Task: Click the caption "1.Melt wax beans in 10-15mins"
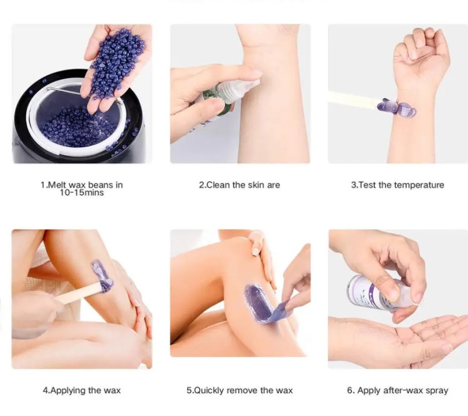(x=82, y=188)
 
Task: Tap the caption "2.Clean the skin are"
(x=239, y=185)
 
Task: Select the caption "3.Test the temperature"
(x=398, y=185)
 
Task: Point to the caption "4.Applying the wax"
(x=82, y=390)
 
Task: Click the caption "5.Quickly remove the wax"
(x=240, y=390)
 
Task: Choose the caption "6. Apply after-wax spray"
(x=398, y=390)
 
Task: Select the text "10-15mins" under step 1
(x=82, y=193)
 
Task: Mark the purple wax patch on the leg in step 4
(x=102, y=276)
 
